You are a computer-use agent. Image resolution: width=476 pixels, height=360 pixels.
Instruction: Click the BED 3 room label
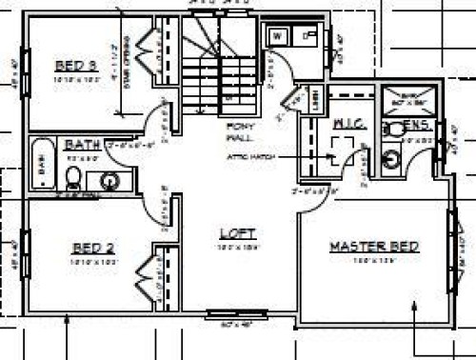coord(75,66)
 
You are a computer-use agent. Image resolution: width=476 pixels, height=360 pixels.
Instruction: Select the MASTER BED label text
coord(374,247)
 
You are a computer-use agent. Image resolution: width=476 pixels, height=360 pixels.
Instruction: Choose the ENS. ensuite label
coord(417,125)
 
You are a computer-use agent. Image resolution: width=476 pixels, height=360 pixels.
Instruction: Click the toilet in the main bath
coord(73,176)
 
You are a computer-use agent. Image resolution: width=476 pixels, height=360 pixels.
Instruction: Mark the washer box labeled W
coord(279,36)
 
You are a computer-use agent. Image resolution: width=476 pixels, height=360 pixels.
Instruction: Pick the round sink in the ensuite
coord(390,159)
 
